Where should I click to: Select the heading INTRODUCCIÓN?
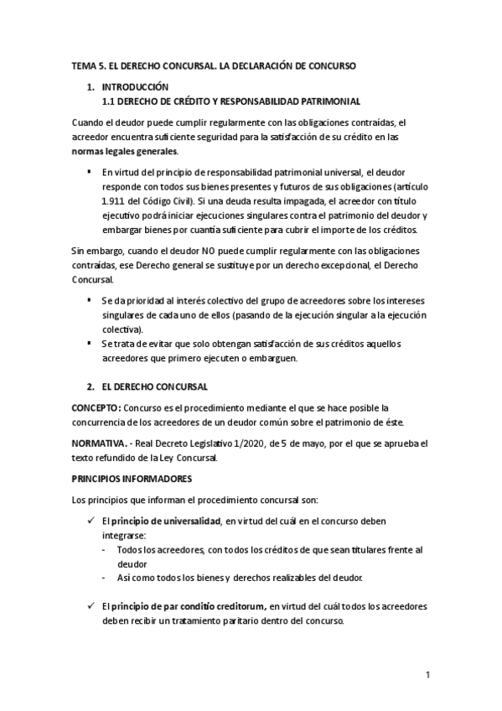point(135,87)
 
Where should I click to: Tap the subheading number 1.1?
point(108,100)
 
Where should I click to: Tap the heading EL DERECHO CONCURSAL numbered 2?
point(160,387)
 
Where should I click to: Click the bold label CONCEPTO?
point(96,407)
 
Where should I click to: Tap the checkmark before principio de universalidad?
point(91,521)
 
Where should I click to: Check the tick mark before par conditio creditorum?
point(91,606)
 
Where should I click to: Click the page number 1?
point(427,674)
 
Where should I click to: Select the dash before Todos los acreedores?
point(104,549)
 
